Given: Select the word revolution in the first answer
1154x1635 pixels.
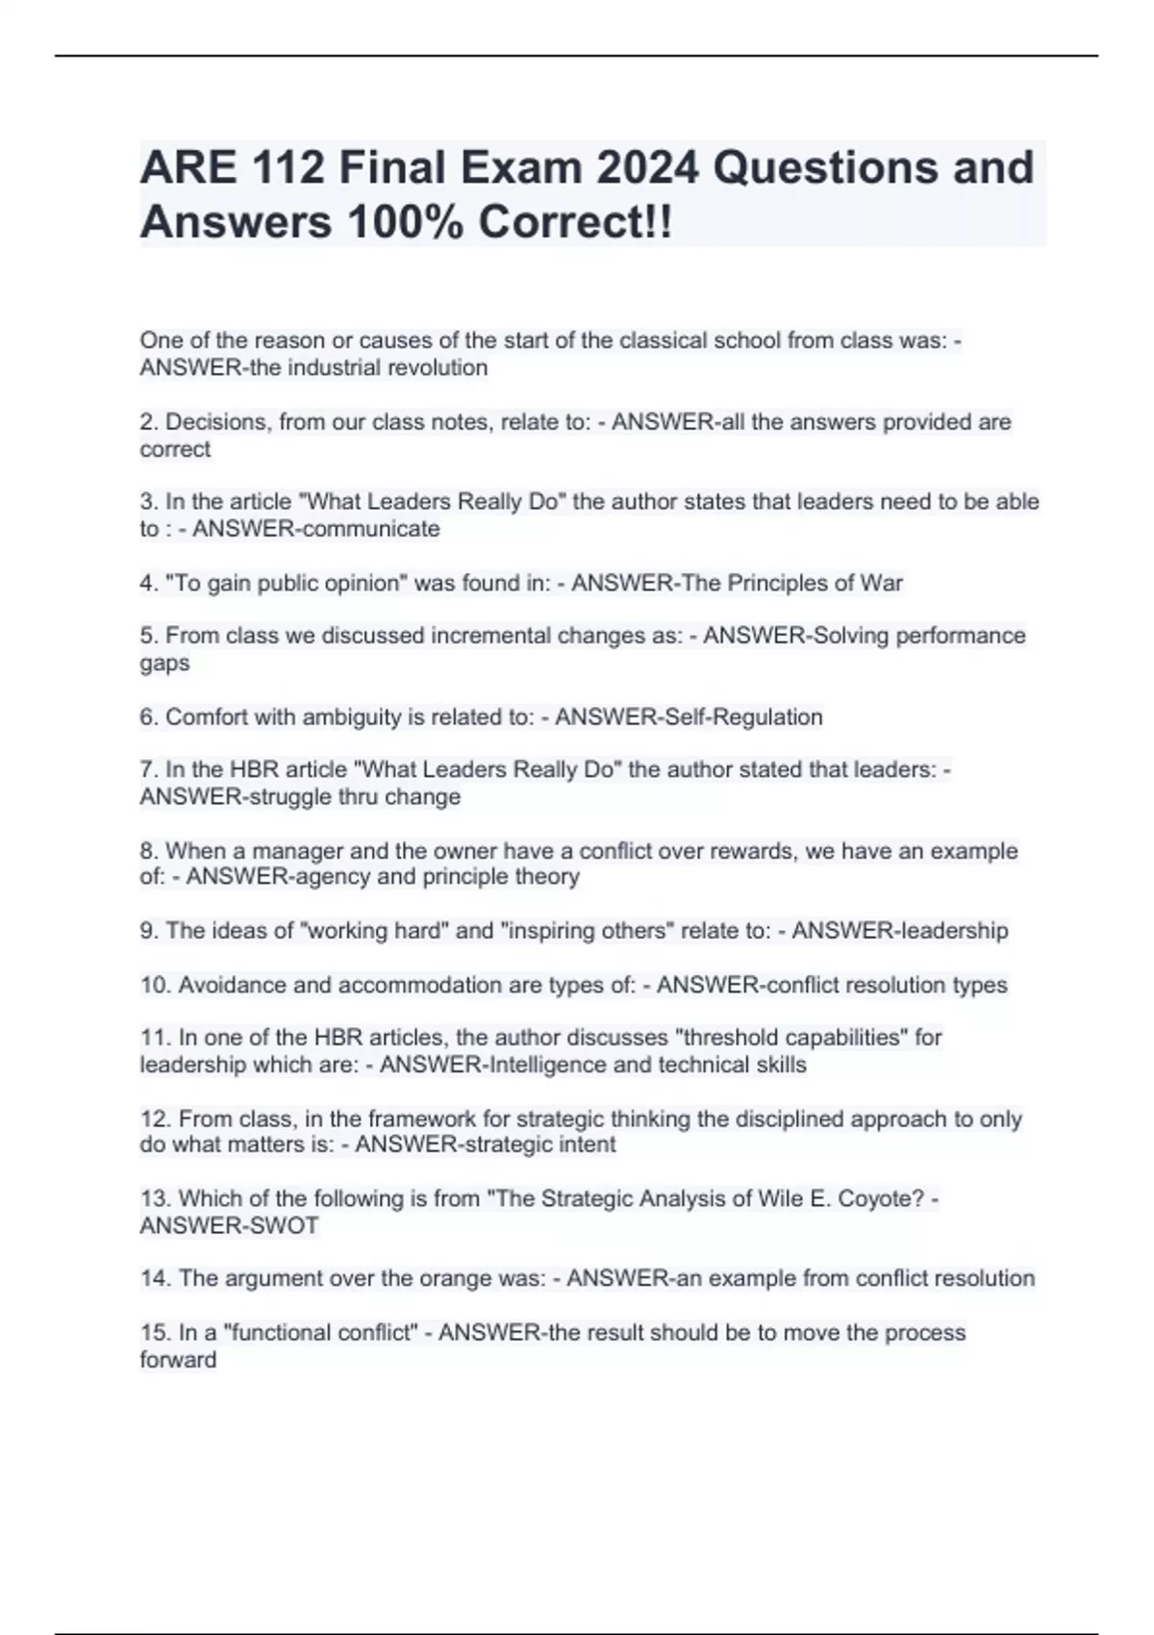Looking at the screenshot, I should pyautogui.click(x=438, y=367).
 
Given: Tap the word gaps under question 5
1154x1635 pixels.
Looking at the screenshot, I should pyautogui.click(x=164, y=664).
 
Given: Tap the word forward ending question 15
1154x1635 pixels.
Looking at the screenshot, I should pyautogui.click(x=178, y=1360).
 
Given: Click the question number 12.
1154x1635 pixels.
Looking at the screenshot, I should pyautogui.click(x=156, y=1119).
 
